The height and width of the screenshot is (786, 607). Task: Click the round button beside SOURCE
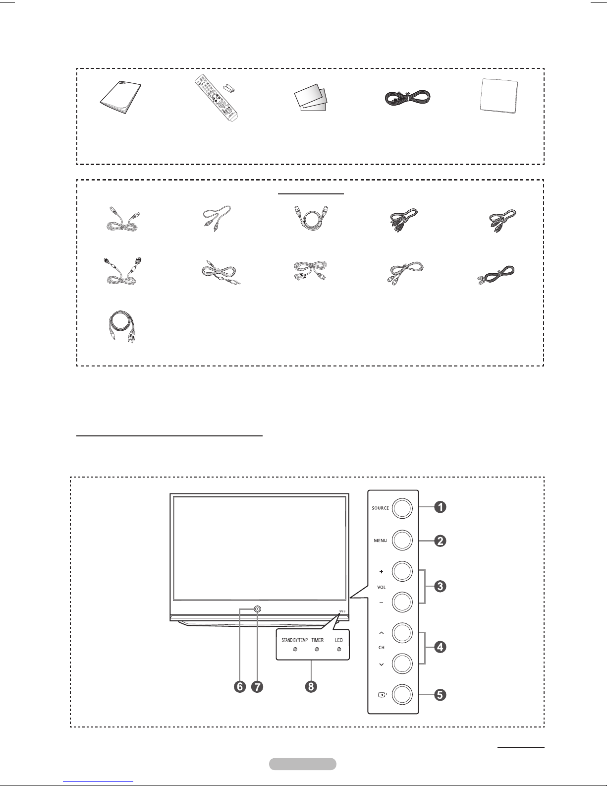(402, 508)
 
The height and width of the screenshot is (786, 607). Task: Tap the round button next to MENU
(402, 540)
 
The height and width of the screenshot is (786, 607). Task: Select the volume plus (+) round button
(402, 571)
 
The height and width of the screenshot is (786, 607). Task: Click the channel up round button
(402, 633)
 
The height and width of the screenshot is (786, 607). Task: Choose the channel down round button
(402, 664)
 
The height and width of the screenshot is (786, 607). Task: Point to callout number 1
(440, 507)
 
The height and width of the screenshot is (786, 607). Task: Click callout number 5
(440, 695)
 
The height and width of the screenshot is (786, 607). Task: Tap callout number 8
(311, 686)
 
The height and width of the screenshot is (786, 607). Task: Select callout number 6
(240, 686)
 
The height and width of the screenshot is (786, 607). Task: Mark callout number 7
(257, 686)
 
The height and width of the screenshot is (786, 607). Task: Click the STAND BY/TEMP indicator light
(295, 649)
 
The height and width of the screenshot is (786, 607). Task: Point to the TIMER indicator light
(317, 649)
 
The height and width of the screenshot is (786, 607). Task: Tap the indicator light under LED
(339, 649)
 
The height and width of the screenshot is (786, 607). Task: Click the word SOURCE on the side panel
(380, 508)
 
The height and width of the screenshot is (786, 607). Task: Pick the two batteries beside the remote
(229, 88)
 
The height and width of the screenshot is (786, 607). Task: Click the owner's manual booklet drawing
(120, 98)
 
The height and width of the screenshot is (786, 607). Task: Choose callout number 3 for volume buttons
(440, 586)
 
